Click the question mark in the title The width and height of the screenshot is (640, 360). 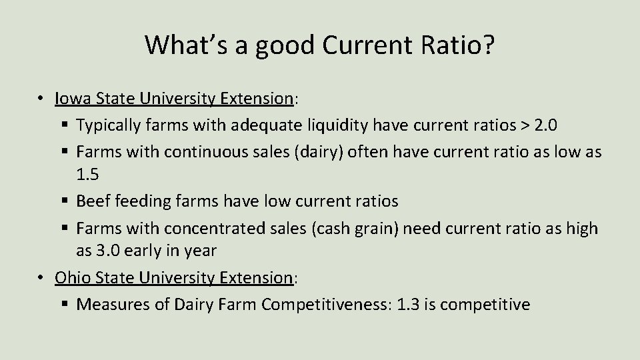click(x=489, y=45)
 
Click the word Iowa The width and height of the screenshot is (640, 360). click(x=71, y=99)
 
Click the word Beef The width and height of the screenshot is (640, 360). click(x=94, y=201)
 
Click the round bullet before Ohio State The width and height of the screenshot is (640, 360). click(x=41, y=277)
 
